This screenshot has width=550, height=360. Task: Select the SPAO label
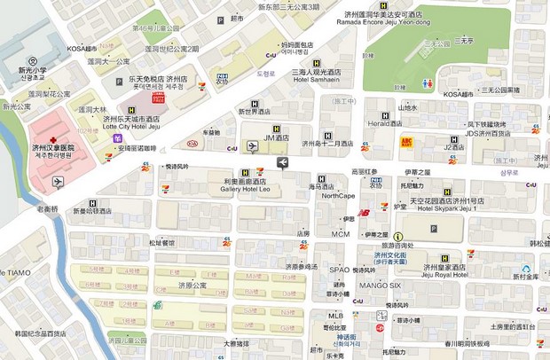pyautogui.click(x=339, y=269)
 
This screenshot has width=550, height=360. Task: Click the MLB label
pyautogui.click(x=334, y=316)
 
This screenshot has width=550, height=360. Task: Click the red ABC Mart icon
pyautogui.click(x=408, y=142)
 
